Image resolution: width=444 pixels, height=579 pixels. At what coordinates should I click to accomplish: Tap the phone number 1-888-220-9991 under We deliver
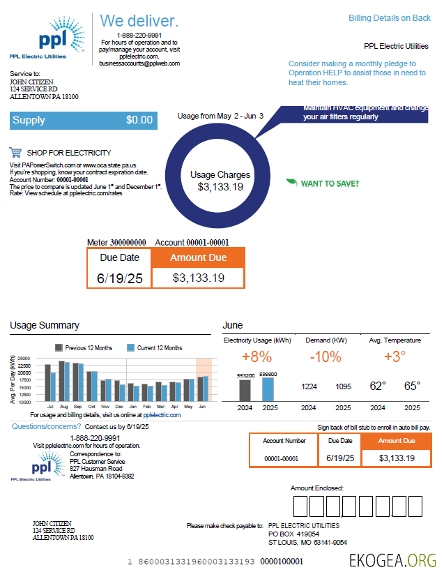139,35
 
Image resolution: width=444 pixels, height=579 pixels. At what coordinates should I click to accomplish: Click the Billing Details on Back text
390,18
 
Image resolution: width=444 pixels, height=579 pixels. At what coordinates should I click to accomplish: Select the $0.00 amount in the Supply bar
139,120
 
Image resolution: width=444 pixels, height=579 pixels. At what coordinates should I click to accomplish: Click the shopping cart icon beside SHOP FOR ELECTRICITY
15,153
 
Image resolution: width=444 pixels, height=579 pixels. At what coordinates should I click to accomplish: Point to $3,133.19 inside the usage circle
220,187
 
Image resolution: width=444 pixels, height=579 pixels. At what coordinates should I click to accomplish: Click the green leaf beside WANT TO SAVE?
291,183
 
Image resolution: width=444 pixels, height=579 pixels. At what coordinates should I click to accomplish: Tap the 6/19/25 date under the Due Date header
120,278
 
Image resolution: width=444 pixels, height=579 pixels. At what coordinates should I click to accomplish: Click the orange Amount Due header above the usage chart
198,257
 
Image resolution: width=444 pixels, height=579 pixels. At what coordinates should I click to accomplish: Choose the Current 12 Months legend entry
155,347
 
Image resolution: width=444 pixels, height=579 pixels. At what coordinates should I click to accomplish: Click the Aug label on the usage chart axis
63,406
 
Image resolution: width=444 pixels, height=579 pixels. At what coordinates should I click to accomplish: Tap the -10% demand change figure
326,357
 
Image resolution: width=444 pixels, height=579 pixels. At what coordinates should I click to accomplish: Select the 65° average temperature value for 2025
412,386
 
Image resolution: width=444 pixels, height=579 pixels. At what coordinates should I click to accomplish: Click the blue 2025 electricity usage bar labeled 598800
268,389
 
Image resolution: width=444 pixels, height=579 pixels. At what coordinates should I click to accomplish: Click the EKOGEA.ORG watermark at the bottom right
393,559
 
